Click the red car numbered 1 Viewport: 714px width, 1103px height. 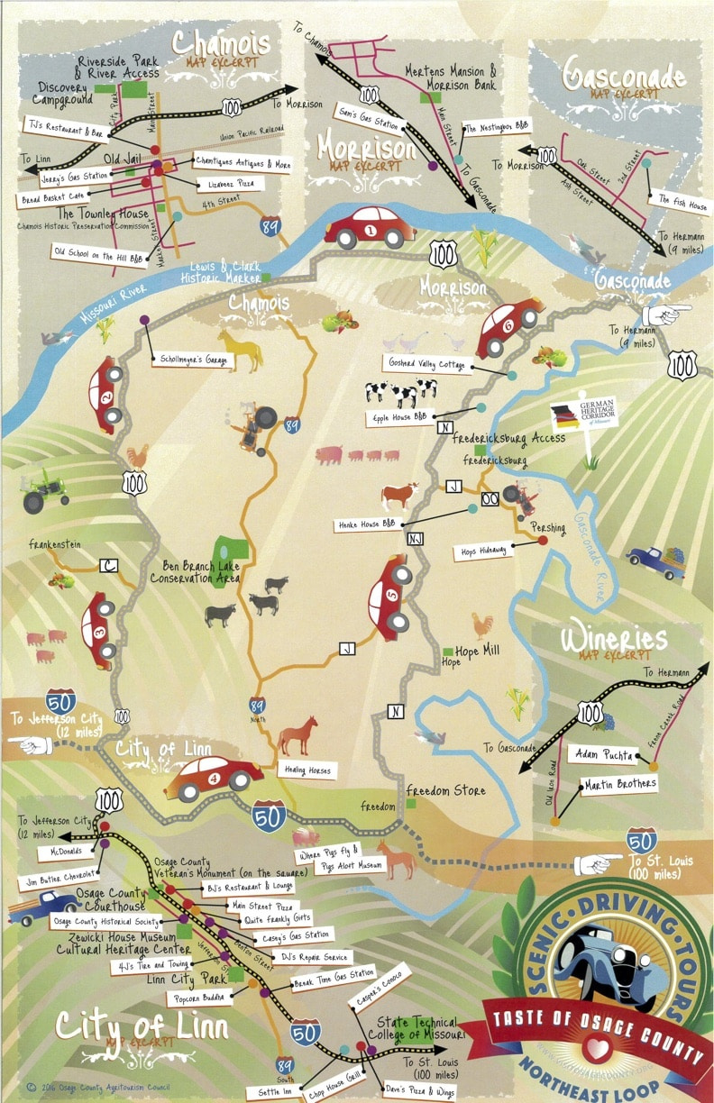pyautogui.click(x=371, y=228)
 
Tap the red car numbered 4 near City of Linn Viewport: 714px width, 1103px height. pyautogui.click(x=214, y=779)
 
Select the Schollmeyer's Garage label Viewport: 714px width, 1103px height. pyautogui.click(x=192, y=360)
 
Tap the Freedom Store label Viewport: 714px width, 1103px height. pyautogui.click(x=445, y=791)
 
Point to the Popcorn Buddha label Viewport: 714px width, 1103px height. pyautogui.click(x=197, y=998)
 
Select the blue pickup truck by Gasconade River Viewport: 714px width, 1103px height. pyautogui.click(x=657, y=561)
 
